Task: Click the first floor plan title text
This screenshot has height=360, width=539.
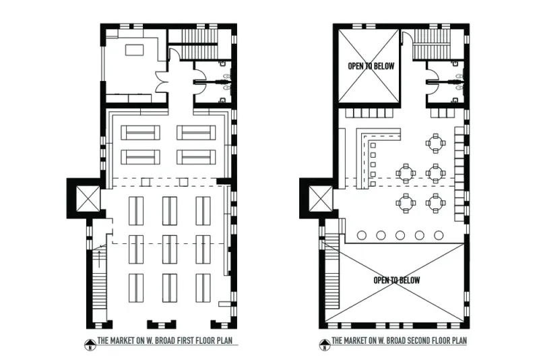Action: click(x=165, y=340)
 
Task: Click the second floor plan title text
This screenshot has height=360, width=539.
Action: click(x=399, y=340)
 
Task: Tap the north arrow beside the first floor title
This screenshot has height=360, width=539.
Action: click(x=90, y=345)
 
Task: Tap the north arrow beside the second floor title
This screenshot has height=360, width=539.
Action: click(x=324, y=345)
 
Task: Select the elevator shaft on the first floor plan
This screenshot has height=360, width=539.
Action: click(x=88, y=199)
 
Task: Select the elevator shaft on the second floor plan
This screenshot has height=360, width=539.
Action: click(x=321, y=199)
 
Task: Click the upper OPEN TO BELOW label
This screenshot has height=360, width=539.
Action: click(x=371, y=66)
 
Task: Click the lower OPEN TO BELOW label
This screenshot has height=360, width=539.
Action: click(x=397, y=280)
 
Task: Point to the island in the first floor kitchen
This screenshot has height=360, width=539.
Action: click(x=134, y=50)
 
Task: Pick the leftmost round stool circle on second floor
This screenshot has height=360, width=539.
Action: click(x=362, y=235)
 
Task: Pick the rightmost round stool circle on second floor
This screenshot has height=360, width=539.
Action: click(x=439, y=235)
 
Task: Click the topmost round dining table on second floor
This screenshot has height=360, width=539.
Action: click(x=435, y=143)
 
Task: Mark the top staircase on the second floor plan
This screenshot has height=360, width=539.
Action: click(x=431, y=44)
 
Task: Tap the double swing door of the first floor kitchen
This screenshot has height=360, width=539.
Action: click(x=161, y=82)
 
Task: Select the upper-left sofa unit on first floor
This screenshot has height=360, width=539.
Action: click(x=140, y=132)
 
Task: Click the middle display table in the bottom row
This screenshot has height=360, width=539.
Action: click(x=170, y=288)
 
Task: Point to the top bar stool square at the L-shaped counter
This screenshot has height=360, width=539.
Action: click(x=373, y=146)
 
